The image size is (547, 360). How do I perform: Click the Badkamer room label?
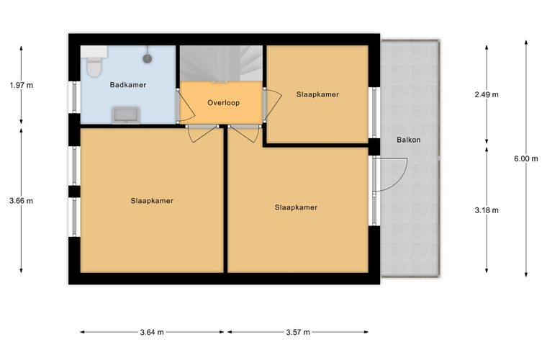[x=127, y=85]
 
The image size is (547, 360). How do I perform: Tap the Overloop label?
[x=223, y=103]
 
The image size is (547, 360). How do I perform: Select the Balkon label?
[x=409, y=140]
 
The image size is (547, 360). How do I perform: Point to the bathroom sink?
[x=125, y=115]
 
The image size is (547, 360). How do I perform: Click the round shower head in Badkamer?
[x=148, y=58]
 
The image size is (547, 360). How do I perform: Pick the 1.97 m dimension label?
[x=22, y=85]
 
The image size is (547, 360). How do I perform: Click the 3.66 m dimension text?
[x=22, y=201]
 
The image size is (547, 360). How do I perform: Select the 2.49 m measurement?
[x=487, y=94]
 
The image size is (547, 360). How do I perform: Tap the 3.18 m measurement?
[x=487, y=210]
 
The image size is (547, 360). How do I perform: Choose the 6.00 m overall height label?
[x=526, y=158]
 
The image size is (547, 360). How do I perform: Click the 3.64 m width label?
[x=152, y=333]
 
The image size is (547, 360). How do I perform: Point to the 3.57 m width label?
[x=298, y=333]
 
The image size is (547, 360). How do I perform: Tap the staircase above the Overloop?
[x=221, y=63]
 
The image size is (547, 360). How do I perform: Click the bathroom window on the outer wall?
[x=74, y=97]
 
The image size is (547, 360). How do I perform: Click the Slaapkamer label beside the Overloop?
[x=317, y=94]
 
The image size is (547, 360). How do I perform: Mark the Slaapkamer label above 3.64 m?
[x=152, y=201]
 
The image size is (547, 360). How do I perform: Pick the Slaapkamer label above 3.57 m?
[x=296, y=207]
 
